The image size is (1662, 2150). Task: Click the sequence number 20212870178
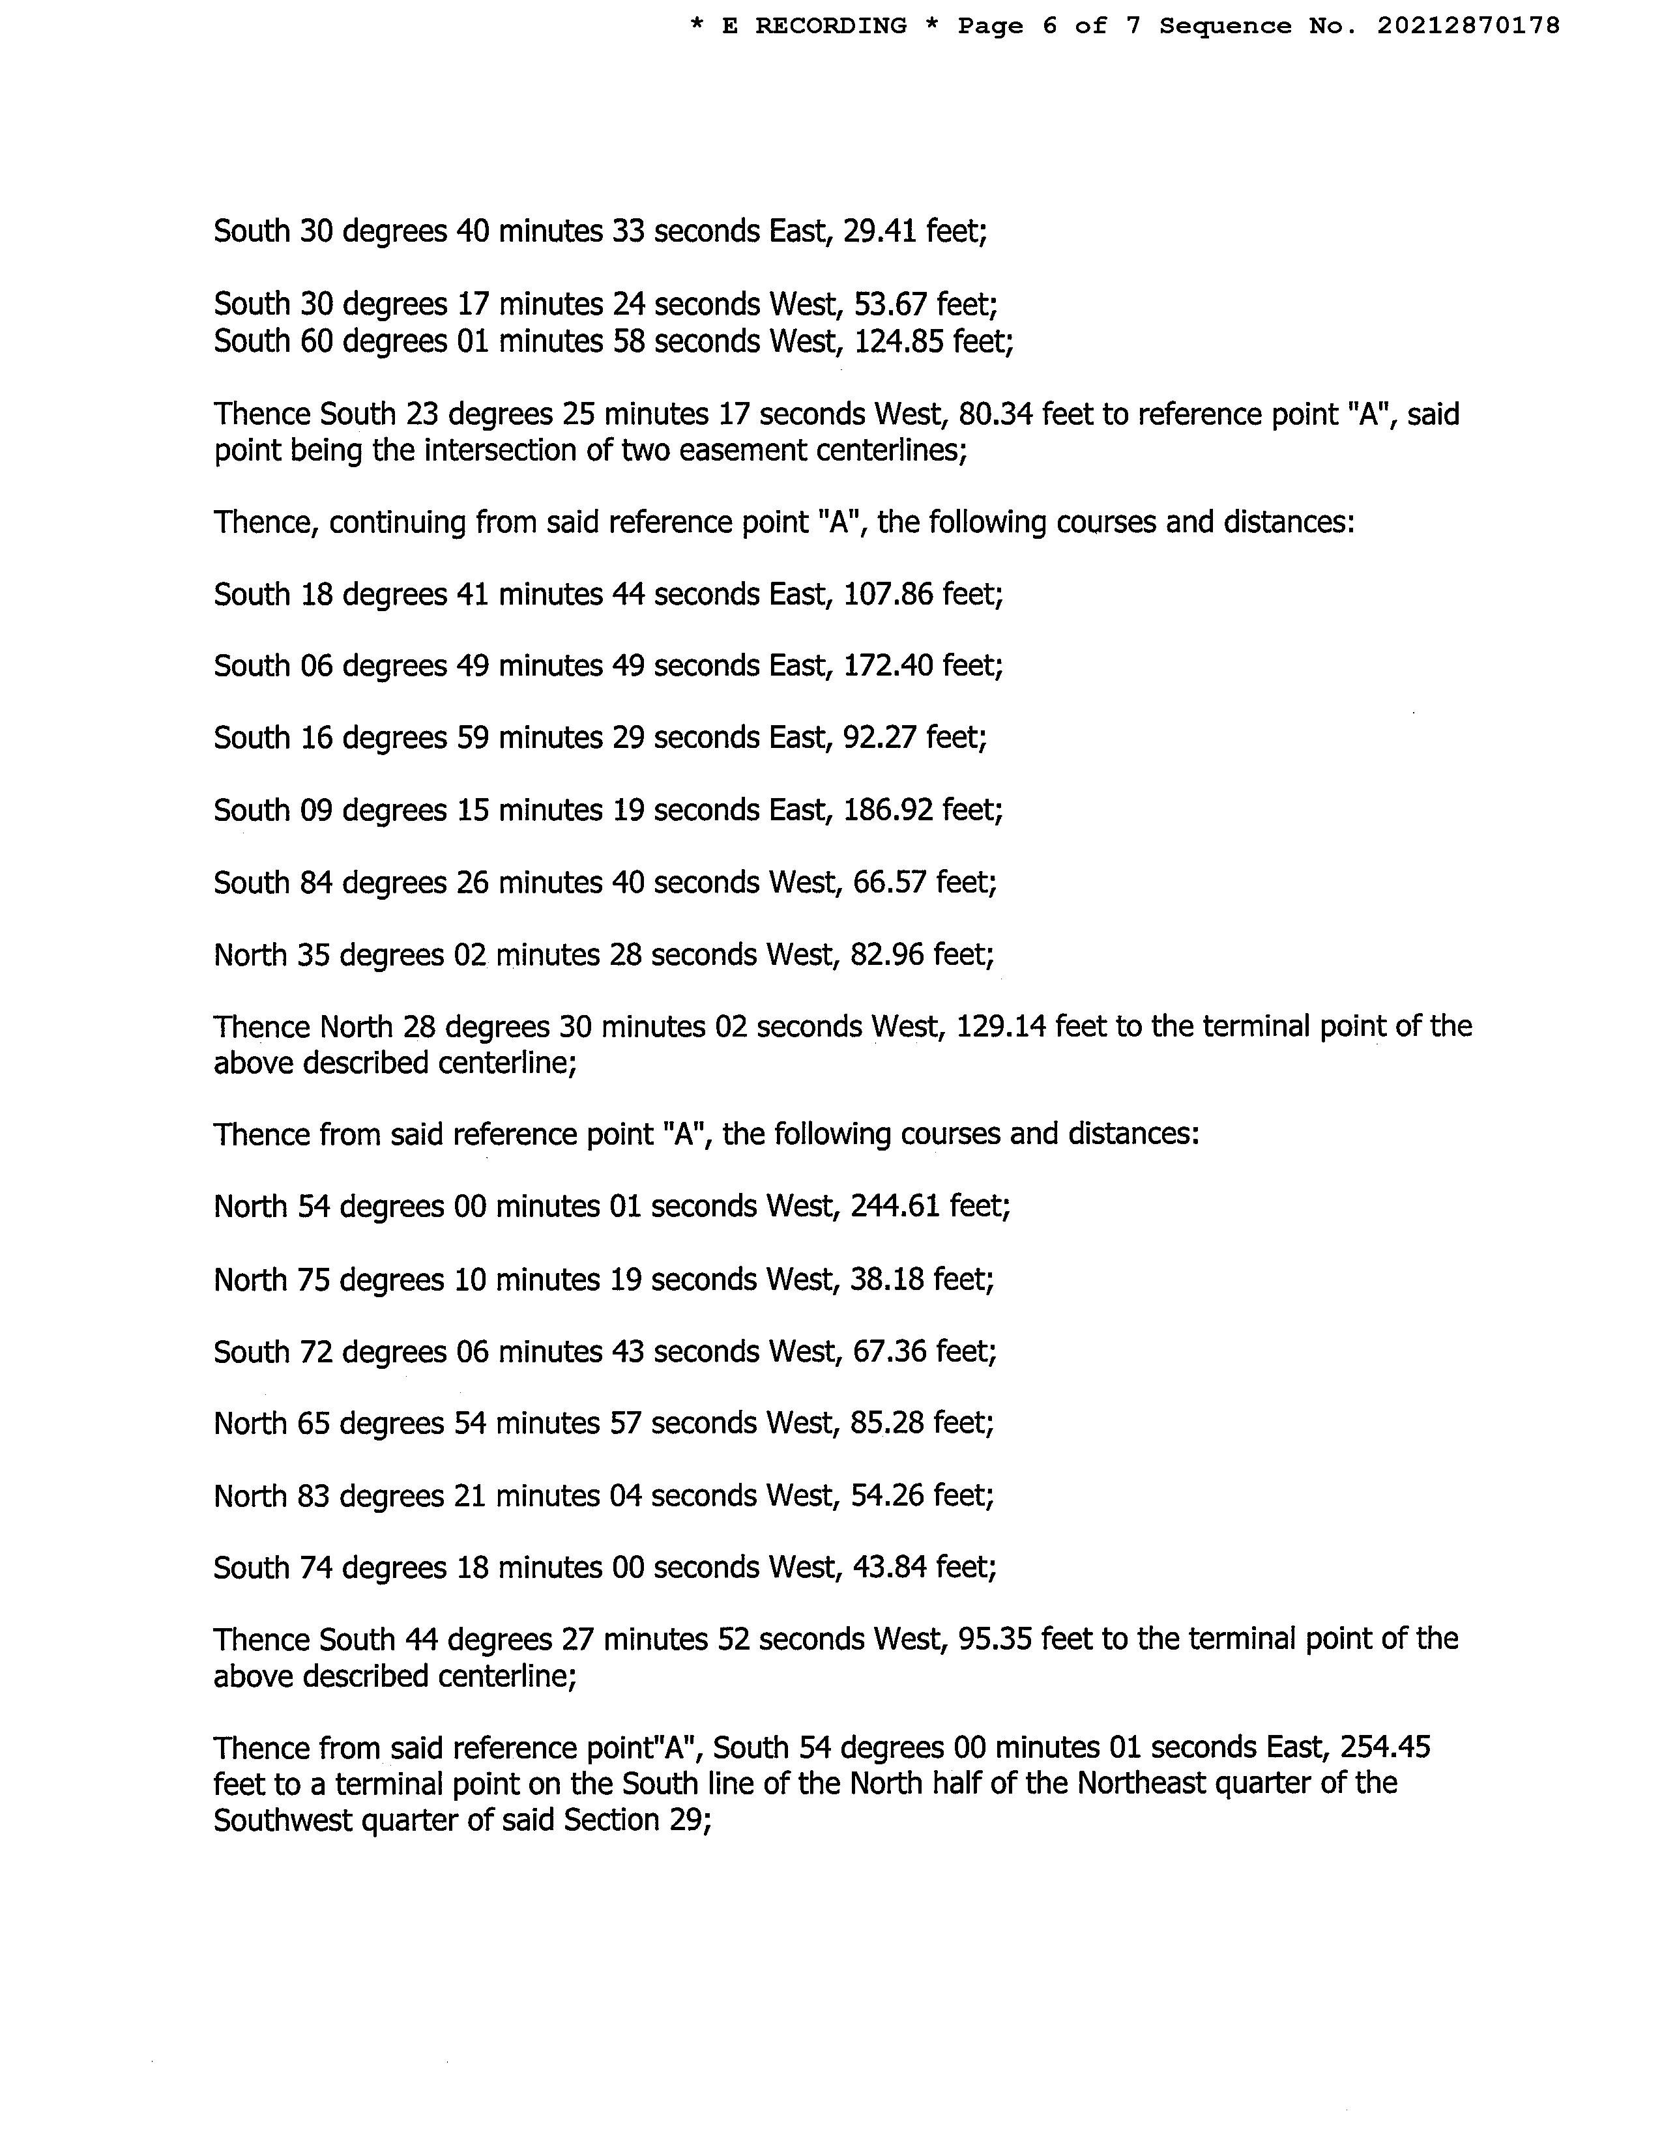1468,25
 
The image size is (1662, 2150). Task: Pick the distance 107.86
888,595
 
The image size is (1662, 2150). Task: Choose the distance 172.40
888,666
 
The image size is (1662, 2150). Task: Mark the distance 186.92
888,810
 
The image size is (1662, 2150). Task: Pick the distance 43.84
890,1567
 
